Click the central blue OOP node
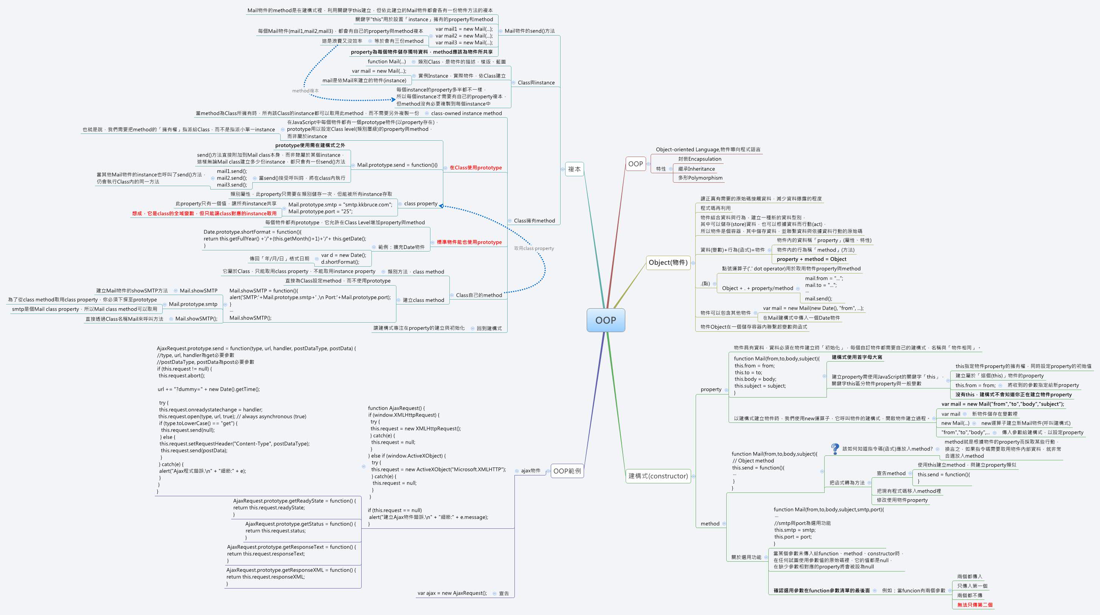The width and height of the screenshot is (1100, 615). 606,320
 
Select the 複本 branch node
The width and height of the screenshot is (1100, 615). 574,169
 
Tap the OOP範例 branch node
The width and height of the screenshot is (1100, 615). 567,471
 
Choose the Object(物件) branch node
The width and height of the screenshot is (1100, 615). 668,262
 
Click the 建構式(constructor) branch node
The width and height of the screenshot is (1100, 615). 658,476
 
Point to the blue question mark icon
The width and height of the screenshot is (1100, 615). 835,449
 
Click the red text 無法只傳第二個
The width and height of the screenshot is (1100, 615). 974,605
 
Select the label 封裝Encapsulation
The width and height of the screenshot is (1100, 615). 699,159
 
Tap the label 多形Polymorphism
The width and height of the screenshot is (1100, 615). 700,178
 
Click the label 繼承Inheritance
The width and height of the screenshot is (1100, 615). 696,169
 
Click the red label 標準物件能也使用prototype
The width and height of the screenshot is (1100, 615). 469,242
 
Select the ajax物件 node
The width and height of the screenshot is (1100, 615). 530,471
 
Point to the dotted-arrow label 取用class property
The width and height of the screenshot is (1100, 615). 534,248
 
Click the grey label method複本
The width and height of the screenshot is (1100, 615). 305,90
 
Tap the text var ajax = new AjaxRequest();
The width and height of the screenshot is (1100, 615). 452,593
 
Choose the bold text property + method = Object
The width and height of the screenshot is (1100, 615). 811,259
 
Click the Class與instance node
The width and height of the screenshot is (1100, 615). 536,82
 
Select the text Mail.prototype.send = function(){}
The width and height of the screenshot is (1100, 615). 397,165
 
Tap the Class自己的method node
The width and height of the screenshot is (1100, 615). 479,295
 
